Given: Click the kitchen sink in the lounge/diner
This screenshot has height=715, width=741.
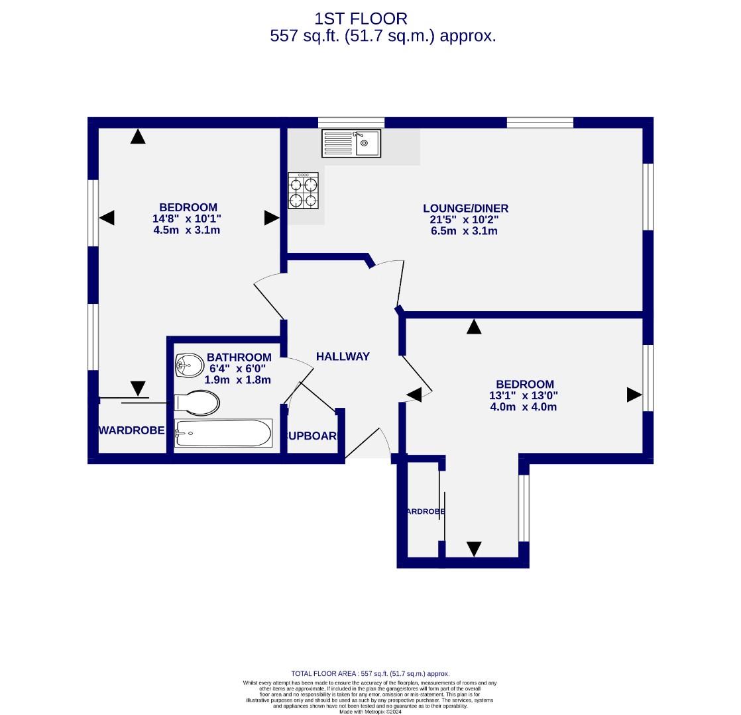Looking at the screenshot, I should pyautogui.click(x=351, y=144).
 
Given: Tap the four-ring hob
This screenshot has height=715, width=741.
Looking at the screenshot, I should pyautogui.click(x=304, y=191).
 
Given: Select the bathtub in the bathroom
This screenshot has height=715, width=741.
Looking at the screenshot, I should pyautogui.click(x=223, y=434).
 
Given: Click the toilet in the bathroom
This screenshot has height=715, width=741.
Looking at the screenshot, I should pyautogui.click(x=197, y=403).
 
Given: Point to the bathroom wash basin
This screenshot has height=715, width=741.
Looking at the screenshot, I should pyautogui.click(x=190, y=365).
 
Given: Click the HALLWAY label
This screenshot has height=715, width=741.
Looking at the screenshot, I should pyautogui.click(x=343, y=356).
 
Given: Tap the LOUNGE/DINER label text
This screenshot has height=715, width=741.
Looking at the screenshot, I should pyautogui.click(x=466, y=209).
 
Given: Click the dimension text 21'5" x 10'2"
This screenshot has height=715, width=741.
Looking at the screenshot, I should pyautogui.click(x=464, y=220).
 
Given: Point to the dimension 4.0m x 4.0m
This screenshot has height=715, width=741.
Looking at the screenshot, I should pyautogui.click(x=523, y=406).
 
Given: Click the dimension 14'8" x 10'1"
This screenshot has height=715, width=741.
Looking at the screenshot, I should pyautogui.click(x=187, y=218).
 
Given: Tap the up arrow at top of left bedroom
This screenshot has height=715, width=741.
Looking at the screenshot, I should pyautogui.click(x=137, y=136).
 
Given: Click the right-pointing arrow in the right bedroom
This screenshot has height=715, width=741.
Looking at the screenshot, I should pyautogui.click(x=634, y=395).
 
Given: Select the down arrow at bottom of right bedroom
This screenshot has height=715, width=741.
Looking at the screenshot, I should pyautogui.click(x=473, y=548).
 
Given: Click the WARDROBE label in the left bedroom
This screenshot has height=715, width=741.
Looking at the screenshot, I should pyautogui.click(x=132, y=430).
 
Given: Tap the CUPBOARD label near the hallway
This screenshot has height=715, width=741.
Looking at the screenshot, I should pyautogui.click(x=312, y=436).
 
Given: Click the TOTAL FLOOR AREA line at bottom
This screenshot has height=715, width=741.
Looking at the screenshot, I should pyautogui.click(x=370, y=673).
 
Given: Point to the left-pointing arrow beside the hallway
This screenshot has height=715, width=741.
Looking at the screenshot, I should pyautogui.click(x=414, y=395).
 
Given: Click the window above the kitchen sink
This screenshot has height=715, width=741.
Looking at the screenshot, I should pyautogui.click(x=351, y=122).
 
